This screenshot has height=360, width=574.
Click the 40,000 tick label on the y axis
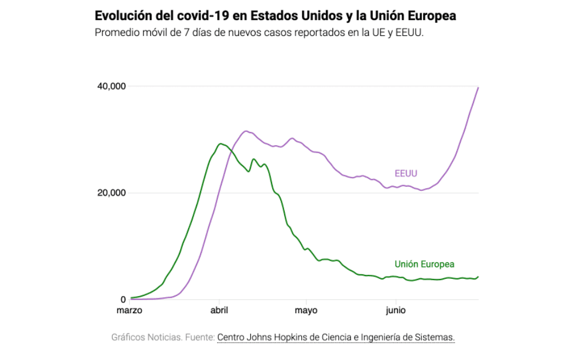point(111,86)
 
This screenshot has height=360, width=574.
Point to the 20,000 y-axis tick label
point(111,193)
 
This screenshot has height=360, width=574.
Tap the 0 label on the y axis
point(122,299)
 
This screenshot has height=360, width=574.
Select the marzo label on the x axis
point(129,311)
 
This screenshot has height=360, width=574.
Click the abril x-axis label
point(219,311)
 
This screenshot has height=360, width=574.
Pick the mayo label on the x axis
point(306,311)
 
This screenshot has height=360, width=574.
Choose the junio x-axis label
point(396,311)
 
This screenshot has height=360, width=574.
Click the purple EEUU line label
point(405,174)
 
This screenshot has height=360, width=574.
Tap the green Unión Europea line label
point(424,264)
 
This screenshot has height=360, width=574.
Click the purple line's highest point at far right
point(478,87)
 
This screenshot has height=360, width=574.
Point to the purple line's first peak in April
point(246,131)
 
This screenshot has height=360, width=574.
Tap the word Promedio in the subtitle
point(115,33)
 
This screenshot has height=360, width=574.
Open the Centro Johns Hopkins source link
point(336,338)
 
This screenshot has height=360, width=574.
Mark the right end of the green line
point(478,277)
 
